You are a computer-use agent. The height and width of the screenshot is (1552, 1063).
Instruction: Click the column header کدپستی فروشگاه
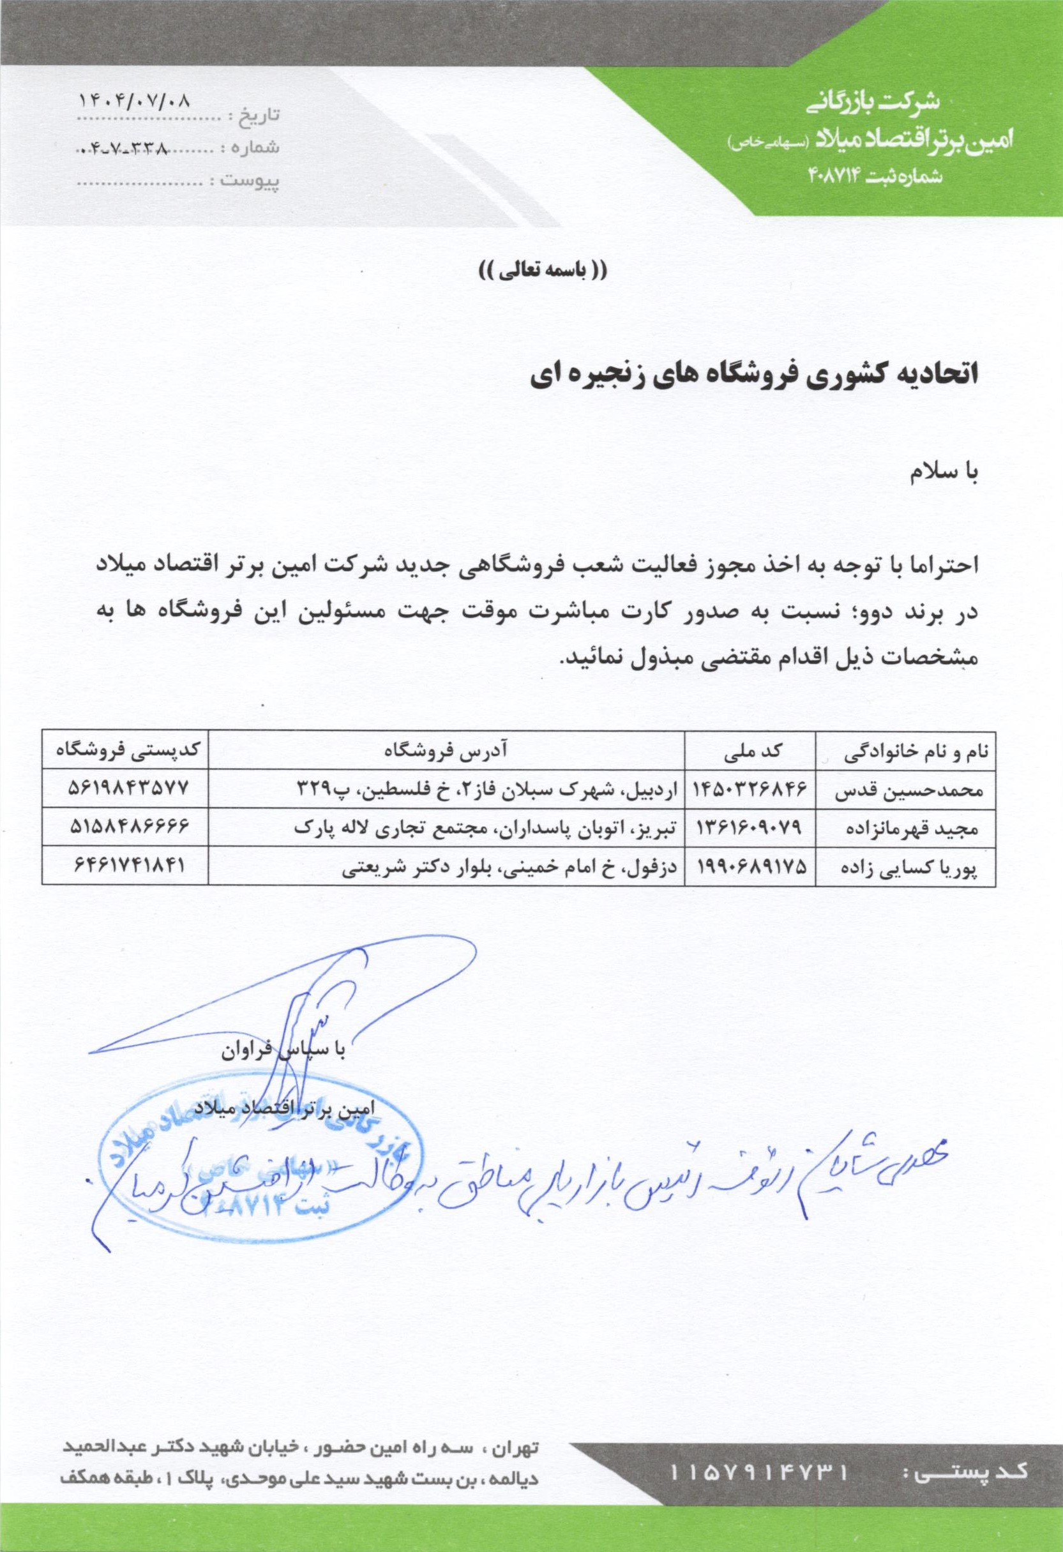pyautogui.click(x=122, y=751)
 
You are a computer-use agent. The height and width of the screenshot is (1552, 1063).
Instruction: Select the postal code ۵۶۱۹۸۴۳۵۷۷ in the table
pyautogui.click(x=126, y=789)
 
